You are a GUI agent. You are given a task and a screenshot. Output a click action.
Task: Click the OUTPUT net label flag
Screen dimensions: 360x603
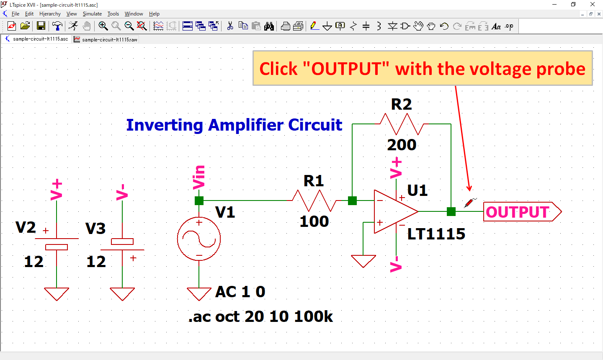[x=519, y=212]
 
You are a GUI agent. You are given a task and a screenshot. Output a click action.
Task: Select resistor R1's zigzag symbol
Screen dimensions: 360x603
[x=314, y=201]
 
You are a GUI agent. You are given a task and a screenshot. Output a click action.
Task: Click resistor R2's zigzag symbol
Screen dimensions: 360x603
[x=402, y=124]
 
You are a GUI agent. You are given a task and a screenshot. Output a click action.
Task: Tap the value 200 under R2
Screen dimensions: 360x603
[x=402, y=145]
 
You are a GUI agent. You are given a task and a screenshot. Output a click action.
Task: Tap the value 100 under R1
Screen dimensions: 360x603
[x=314, y=221]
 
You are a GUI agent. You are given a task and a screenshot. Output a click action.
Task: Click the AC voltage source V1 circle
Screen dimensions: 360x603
[x=199, y=239]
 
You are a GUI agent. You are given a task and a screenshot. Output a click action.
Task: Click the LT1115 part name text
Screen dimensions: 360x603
[x=436, y=234]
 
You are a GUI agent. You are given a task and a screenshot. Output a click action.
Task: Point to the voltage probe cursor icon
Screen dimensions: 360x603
[x=469, y=203]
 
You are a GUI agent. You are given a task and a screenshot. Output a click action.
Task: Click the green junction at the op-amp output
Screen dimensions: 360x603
[x=451, y=211]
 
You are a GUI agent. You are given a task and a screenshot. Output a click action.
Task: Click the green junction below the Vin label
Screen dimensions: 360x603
[x=199, y=201]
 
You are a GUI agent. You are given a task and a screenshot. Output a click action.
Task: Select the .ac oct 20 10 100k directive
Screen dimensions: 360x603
[x=260, y=316]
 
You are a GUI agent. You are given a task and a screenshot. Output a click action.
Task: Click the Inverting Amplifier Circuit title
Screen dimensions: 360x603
[x=234, y=125]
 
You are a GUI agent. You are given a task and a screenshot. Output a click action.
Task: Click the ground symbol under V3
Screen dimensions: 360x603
[x=122, y=293]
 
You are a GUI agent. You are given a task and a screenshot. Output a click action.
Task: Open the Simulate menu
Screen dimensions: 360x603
[x=92, y=14]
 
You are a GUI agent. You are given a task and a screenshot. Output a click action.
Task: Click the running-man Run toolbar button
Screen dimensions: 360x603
[x=73, y=26]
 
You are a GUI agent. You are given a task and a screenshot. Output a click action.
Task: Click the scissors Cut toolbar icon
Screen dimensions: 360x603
[x=230, y=26]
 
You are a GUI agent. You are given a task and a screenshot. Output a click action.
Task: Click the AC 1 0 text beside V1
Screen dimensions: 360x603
[x=240, y=292]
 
